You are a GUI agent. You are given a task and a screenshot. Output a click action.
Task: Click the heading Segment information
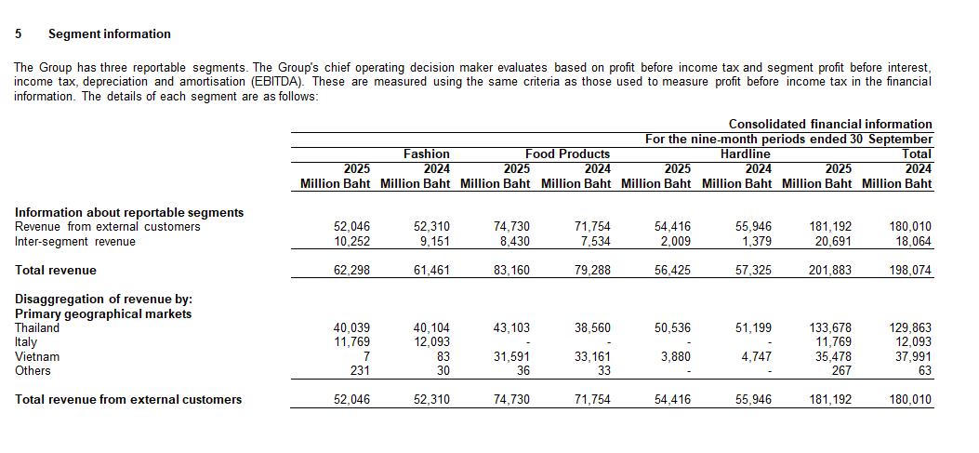[109, 33]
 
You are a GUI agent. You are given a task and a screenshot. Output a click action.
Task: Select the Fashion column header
[426, 153]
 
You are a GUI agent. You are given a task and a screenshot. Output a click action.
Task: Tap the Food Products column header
[567, 153]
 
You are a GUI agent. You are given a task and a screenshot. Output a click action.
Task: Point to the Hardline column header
[745, 153]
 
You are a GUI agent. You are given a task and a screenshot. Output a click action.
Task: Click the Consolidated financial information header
[829, 124]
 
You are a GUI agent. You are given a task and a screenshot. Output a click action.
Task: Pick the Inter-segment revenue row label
[74, 241]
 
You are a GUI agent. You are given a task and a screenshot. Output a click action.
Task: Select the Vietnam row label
[37, 356]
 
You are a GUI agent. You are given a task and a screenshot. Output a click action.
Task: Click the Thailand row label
[37, 327]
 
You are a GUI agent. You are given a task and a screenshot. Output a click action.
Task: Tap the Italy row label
[26, 341]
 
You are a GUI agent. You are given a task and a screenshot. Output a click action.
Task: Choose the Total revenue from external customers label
[128, 399]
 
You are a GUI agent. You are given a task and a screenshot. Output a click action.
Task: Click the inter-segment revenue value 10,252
[351, 241]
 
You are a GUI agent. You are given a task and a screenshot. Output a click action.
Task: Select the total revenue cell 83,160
[511, 270]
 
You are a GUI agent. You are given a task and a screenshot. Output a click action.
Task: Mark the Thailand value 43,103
[511, 327]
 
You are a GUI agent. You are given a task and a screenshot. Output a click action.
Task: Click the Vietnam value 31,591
[511, 356]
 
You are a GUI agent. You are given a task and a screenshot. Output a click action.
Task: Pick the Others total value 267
[840, 370]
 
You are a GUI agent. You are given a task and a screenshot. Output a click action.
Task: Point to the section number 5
[19, 33]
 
